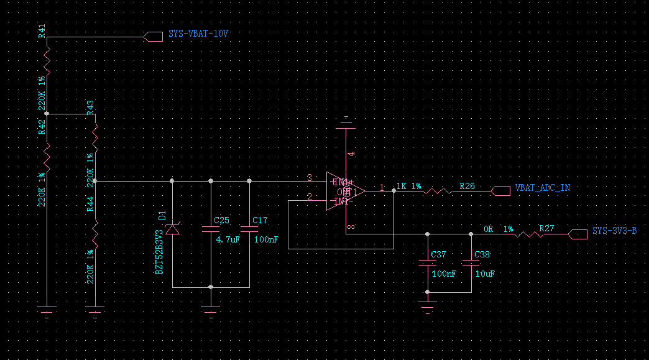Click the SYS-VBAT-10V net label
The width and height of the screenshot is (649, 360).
[198, 34]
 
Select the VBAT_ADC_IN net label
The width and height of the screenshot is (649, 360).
[541, 188]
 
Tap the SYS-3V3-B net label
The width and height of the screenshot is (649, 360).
[614, 231]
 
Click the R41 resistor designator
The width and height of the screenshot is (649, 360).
[42, 32]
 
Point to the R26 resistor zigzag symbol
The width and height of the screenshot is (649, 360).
[438, 192]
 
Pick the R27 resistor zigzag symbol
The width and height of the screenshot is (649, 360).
[528, 234]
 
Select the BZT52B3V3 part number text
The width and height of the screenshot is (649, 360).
[160, 250]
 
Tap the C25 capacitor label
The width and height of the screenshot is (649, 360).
[221, 220]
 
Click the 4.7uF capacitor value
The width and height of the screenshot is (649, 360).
[228, 239]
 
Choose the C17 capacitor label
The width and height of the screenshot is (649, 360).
[260, 220]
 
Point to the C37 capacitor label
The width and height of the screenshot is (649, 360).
[438, 255]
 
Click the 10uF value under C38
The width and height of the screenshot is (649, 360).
[484, 274]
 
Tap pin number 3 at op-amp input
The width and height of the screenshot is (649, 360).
[309, 178]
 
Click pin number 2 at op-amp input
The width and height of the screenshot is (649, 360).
[309, 197]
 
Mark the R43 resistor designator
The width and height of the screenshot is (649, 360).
[90, 107]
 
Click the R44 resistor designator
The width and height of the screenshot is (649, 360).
[90, 203]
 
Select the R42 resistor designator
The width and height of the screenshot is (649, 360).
[42, 128]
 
